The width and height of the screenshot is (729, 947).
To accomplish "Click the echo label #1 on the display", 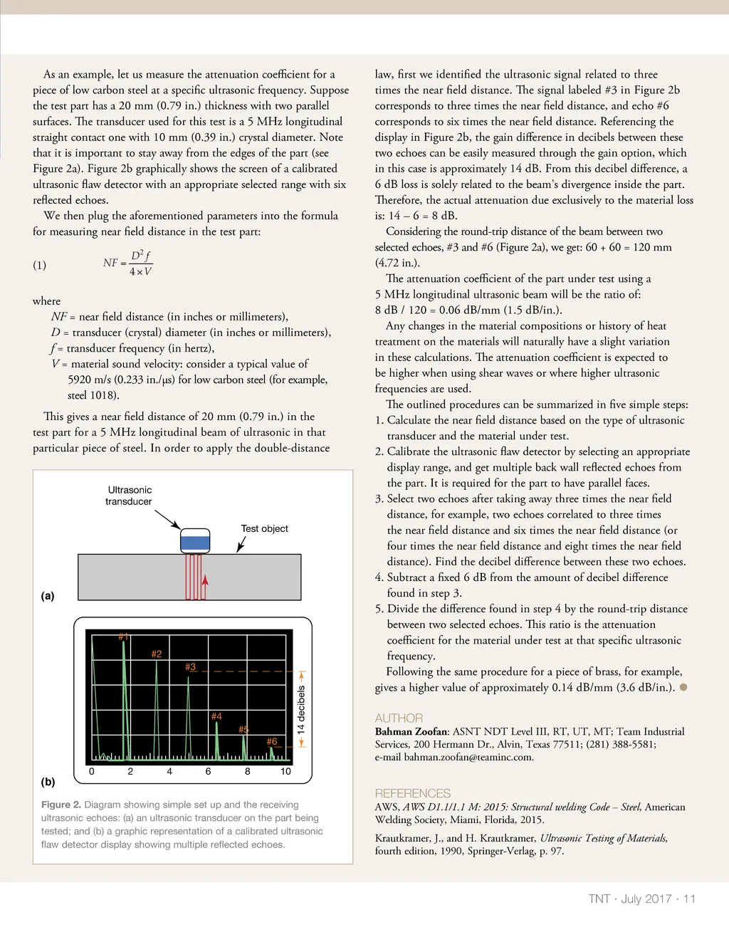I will click(x=123, y=636).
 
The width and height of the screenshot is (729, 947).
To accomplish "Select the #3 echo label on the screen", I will click(x=190, y=667).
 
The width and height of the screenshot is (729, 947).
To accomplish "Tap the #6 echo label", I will click(x=271, y=741).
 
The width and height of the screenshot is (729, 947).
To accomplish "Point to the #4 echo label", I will click(x=216, y=716).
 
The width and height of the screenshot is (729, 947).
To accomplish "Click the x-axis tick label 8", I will click(x=247, y=771).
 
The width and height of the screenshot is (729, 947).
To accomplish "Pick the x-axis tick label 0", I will click(x=91, y=771).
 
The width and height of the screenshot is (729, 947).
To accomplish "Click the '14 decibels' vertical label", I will click(x=301, y=710).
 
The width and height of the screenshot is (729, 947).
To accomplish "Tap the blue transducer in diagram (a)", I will click(x=195, y=543).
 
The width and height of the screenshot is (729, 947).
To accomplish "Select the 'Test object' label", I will click(x=264, y=528).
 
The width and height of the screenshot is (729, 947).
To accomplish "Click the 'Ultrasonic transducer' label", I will click(x=129, y=496).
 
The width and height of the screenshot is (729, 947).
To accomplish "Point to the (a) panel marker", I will click(x=48, y=596).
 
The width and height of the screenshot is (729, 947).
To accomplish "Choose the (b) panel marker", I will click(x=48, y=782).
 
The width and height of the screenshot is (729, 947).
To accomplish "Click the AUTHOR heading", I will click(x=399, y=718).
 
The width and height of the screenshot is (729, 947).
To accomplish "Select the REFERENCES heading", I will click(x=412, y=793).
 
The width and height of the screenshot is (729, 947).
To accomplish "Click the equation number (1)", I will click(x=39, y=265).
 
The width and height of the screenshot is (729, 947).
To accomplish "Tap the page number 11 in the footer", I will click(x=689, y=899).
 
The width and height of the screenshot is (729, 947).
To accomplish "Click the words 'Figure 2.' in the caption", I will click(x=61, y=805).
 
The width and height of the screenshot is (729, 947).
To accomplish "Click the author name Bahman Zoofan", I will click(x=411, y=731).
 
